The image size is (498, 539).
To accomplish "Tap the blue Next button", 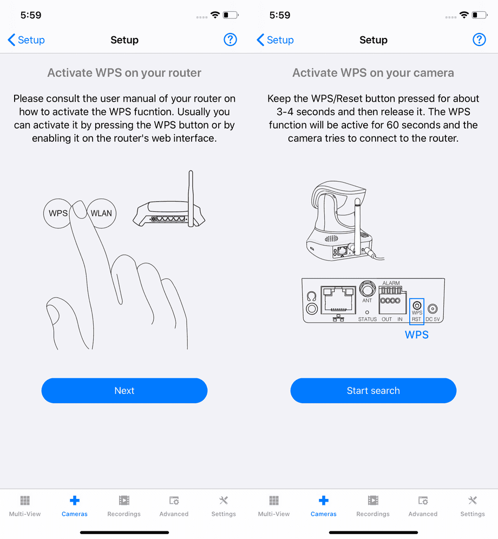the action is (x=124, y=391).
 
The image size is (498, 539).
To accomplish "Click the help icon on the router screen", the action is (x=230, y=40).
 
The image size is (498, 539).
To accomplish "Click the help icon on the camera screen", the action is (x=479, y=40).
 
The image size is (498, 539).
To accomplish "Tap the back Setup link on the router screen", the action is (x=26, y=40).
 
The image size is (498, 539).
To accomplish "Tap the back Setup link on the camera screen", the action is (x=275, y=40).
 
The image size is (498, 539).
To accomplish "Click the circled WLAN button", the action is (x=102, y=213).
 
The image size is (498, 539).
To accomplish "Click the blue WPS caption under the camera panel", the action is (x=416, y=335).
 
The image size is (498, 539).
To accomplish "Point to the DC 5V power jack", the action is (x=433, y=308).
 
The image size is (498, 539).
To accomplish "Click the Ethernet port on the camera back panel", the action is (x=338, y=300).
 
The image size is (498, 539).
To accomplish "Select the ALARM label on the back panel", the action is (x=391, y=283).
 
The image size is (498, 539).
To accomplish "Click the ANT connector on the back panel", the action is (x=368, y=289).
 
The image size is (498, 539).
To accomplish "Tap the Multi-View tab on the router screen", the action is (x=25, y=506).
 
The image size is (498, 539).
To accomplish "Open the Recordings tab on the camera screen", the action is (x=373, y=506).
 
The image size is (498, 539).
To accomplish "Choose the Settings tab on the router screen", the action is (x=224, y=506).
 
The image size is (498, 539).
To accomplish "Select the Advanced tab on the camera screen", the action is (x=423, y=506).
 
